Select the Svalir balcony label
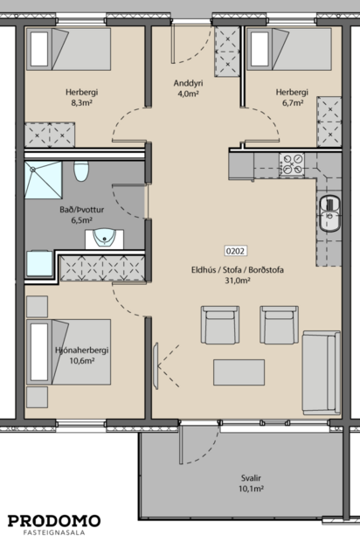point(252,477)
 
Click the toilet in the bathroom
point(81,172)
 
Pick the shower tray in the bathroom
point(41,182)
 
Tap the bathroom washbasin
point(108,235)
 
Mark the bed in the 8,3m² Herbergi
point(67,52)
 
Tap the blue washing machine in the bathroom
point(40,263)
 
